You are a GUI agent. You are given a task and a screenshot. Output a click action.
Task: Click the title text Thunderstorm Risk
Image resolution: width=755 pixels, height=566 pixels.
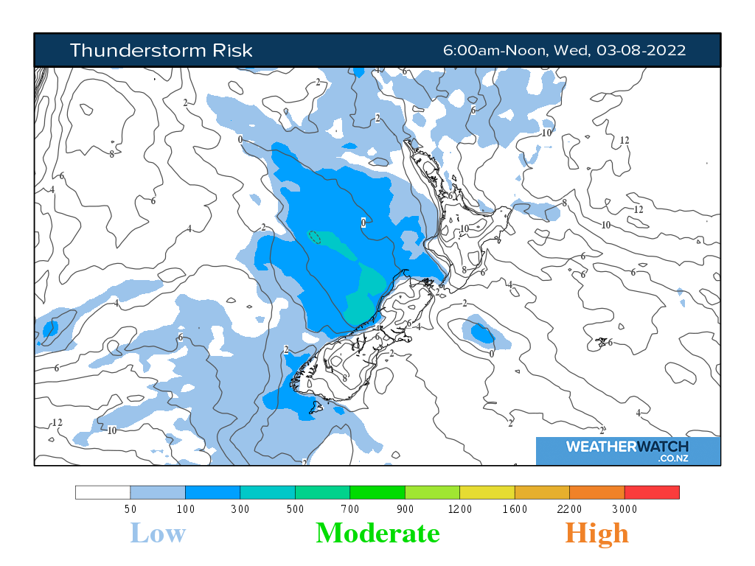pos(161,50)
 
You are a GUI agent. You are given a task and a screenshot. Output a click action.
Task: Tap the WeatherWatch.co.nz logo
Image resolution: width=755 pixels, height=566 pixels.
pos(627,450)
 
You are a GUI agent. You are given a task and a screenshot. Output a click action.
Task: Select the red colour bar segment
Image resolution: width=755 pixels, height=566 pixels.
pos(652,492)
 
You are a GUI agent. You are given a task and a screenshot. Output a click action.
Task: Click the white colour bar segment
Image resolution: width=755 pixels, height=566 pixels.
pos(102,492)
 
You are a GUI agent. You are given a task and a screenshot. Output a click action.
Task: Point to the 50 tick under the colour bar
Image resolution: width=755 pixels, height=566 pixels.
pos(130,509)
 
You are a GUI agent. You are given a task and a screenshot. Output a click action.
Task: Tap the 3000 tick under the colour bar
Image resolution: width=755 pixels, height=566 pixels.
pos(624,509)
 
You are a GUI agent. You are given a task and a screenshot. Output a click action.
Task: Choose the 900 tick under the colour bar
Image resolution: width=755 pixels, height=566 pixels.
pos(405,509)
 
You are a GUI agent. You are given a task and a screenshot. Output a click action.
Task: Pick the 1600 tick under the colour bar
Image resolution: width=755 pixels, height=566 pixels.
pos(515,509)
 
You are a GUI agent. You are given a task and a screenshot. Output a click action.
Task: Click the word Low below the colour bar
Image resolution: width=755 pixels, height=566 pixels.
pos(158,533)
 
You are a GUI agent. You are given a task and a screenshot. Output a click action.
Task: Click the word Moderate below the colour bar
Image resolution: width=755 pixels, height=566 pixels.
pos(377,533)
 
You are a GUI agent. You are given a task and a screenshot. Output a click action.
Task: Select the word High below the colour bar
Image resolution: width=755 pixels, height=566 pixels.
pos(597,533)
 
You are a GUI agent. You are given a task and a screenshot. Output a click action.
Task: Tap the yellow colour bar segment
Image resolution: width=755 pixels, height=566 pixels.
pos(487,492)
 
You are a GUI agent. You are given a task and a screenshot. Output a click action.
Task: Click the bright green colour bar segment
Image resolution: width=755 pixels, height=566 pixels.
pos(377,492)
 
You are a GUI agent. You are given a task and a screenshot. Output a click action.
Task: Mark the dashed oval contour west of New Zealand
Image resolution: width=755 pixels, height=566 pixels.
pos(314,237)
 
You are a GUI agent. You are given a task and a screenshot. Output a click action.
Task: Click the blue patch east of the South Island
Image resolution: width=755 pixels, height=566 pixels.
pos(483,334)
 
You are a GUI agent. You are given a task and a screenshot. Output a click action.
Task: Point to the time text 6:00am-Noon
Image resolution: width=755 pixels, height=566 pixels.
pos(494,50)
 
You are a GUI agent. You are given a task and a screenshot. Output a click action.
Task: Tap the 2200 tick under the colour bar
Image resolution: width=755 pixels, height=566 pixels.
pos(569,509)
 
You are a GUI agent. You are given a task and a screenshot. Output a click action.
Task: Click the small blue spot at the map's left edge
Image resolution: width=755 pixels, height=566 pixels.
pos(50,328)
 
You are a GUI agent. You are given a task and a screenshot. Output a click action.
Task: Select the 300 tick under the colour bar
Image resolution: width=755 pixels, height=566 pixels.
pos(240,509)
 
